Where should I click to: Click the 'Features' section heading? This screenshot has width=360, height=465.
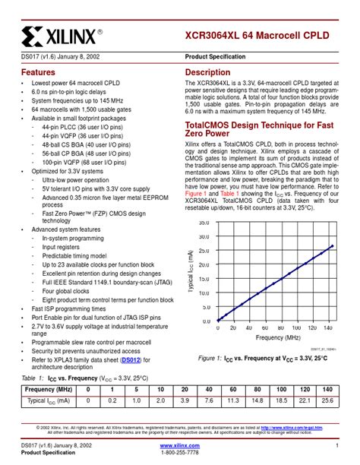(x=37, y=72)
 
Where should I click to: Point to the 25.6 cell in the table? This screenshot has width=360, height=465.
(x=327, y=400)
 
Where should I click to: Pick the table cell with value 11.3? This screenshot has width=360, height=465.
(x=234, y=400)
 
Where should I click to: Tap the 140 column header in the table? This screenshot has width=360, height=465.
(x=327, y=389)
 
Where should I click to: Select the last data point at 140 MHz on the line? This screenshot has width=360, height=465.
(x=333, y=245)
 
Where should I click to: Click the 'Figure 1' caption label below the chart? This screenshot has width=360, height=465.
(x=212, y=357)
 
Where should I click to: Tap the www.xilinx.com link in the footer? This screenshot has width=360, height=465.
(x=180, y=445)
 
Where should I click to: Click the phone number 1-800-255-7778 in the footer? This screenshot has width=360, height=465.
(x=180, y=453)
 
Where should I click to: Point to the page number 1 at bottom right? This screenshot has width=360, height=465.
(x=336, y=445)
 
